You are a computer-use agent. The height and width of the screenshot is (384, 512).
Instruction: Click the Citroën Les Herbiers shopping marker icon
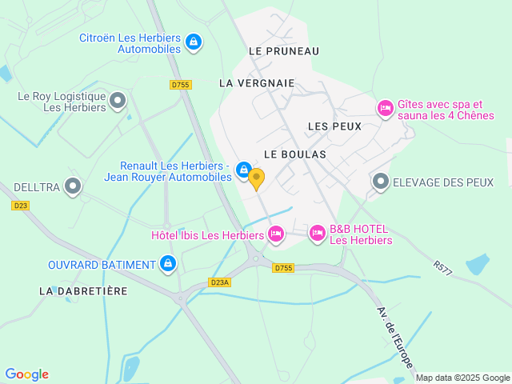pyautogui.click(x=193, y=42)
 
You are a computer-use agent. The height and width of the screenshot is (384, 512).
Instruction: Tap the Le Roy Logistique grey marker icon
pyautogui.click(x=118, y=101)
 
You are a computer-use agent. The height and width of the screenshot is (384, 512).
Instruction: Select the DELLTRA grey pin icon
pyautogui.click(x=74, y=186)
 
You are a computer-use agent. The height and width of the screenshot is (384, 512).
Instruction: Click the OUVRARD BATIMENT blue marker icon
pyautogui.click(x=167, y=262)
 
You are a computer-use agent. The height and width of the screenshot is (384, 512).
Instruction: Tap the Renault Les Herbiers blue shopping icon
pyautogui.click(x=244, y=167)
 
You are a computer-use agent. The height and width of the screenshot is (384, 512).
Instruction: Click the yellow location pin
pyautogui.click(x=256, y=178)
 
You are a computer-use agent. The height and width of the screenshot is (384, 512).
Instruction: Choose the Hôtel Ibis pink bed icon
pyautogui.click(x=276, y=234)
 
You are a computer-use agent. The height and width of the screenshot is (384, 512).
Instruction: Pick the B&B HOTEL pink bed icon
pyautogui.click(x=318, y=234)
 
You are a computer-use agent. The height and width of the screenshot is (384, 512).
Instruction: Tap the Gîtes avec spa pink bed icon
pyautogui.click(x=385, y=108)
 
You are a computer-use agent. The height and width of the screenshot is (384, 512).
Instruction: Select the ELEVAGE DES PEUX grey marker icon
pyautogui.click(x=380, y=182)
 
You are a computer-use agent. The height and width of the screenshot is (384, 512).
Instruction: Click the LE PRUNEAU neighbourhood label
pyautogui.click(x=284, y=51)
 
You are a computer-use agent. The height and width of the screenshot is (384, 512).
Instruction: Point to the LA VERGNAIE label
pyautogui.click(x=257, y=82)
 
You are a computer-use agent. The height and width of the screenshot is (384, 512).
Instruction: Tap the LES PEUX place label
pyautogui.click(x=334, y=126)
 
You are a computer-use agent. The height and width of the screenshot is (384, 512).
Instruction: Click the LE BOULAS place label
pyautogui.click(x=294, y=154)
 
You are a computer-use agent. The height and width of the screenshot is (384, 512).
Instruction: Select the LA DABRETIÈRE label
pyautogui.click(x=83, y=291)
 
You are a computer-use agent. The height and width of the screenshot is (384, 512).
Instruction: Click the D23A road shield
pyautogui.click(x=218, y=282)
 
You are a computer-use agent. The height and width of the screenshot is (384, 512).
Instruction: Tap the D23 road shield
pyautogui.click(x=20, y=206)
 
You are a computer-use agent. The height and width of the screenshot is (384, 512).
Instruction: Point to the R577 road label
pyautogui.click(x=442, y=268)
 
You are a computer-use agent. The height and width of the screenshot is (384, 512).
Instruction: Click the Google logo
pyautogui.click(x=26, y=374)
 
